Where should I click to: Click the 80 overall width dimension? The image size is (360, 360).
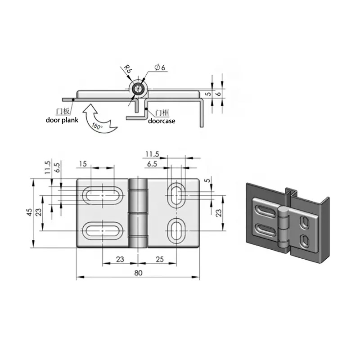click(x=138, y=273)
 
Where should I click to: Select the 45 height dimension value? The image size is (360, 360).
click(x=29, y=212)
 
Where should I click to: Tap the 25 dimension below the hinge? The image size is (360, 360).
click(x=160, y=259)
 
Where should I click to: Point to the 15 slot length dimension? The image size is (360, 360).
click(x=83, y=164)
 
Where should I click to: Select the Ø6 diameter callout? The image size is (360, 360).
click(x=160, y=67)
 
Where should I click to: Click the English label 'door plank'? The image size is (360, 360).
click(x=62, y=120)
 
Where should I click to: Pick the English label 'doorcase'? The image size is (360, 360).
click(x=162, y=121)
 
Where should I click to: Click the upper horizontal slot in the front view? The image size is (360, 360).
click(x=103, y=196)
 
